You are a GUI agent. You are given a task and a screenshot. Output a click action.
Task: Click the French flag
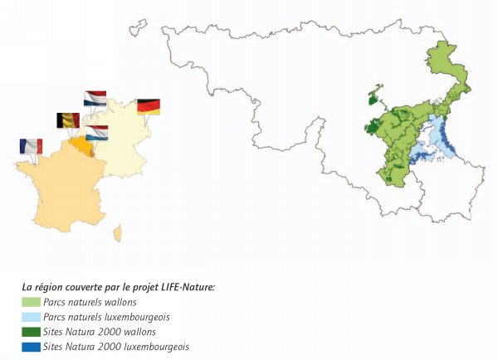pos(31,146)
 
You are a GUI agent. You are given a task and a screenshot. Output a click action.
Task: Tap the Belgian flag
pos(67,120)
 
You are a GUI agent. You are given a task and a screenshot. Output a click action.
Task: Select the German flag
pos(149,106)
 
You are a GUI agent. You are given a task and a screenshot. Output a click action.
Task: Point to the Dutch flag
pos(95,99)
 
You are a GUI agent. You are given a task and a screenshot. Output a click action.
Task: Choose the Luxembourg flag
pos(97,133)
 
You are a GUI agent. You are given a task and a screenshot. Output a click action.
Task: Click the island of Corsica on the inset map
pos(118,234)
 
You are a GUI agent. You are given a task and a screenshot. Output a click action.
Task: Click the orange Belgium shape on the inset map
pos(81,148)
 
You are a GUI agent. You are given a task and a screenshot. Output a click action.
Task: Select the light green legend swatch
pos(32,303)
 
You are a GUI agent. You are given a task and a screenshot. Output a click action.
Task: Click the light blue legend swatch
pos(32,317)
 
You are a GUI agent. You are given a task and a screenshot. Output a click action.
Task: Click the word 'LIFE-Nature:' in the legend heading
pos(186,287)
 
